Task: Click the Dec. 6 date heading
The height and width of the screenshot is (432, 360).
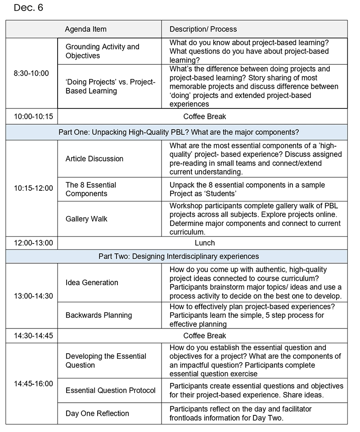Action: pyautogui.click(x=28, y=8)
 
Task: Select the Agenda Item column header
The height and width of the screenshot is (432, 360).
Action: pyautogui.click(x=85, y=29)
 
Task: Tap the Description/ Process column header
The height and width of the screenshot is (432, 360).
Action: pyautogui.click(x=203, y=29)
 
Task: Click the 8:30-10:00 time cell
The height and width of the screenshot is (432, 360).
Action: pyautogui.click(x=31, y=73)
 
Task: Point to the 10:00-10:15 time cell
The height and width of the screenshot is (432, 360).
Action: pyautogui.click(x=33, y=117)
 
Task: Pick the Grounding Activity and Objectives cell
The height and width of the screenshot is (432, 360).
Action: pyautogui.click(x=103, y=51)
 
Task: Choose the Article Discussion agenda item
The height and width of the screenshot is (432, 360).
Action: pyautogui.click(x=94, y=158)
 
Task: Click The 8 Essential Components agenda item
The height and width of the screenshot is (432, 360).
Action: pyautogui.click(x=91, y=189)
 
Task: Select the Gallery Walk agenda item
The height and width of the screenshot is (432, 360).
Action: pyautogui.click(x=86, y=219)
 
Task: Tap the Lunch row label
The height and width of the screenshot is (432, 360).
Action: pyautogui.click(x=205, y=243)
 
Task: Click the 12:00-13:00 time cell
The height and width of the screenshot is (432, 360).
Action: pyautogui.click(x=33, y=243)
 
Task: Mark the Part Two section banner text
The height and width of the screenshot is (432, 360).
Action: pyautogui.click(x=179, y=256)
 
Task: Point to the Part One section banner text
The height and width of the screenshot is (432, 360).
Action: pyautogui.click(x=179, y=132)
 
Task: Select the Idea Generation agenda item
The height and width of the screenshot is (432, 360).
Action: pyautogui.click(x=92, y=283)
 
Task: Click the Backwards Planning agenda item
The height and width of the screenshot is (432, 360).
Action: pyautogui.click(x=99, y=315)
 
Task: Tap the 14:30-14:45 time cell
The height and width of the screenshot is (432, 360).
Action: pyautogui.click(x=33, y=336)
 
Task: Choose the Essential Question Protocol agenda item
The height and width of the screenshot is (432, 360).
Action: pyautogui.click(x=111, y=390)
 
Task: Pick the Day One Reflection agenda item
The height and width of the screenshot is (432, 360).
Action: pyautogui.click(x=97, y=413)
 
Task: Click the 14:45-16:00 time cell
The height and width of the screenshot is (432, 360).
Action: pyautogui.click(x=33, y=384)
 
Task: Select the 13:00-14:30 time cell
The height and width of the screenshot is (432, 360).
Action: pyautogui.click(x=33, y=296)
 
